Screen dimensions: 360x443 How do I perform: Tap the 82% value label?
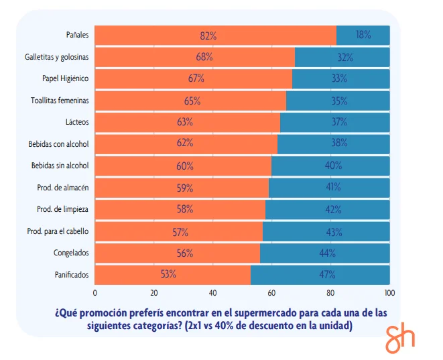coord(208,36)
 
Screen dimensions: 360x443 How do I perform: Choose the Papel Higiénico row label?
coord(66,78)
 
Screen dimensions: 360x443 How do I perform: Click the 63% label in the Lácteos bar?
coord(185,122)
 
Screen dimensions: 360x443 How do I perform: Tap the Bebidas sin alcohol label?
coord(60,166)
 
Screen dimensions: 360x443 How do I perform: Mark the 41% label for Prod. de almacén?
coord(333,188)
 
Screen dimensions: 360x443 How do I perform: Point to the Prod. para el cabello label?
coord(58,231)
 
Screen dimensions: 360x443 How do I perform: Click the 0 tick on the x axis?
coord(95,292)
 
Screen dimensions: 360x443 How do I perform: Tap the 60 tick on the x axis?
coord(271,292)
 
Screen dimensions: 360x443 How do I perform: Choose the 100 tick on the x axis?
coord(389,292)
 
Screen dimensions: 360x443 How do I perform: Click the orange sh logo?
coord(400,339)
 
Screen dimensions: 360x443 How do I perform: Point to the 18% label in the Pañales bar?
coord(363,36)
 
